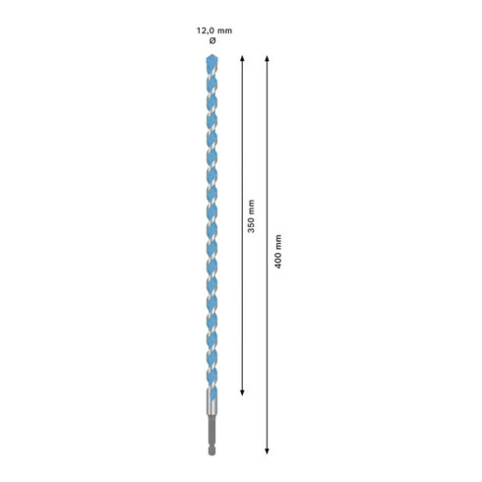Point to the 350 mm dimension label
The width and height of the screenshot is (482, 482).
251,224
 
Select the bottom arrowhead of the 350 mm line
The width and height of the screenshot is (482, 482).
243,392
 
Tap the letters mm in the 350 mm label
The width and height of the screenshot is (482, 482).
251,211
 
